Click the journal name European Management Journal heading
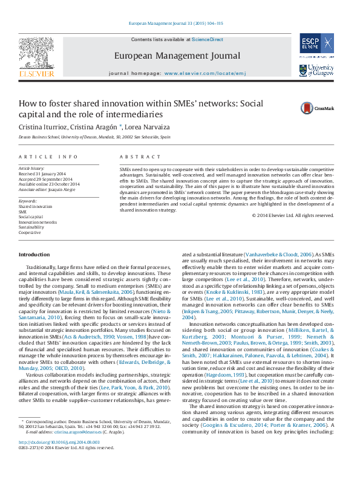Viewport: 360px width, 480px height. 177,56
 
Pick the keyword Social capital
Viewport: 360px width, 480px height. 31,216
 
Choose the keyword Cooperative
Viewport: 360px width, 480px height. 30,232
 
